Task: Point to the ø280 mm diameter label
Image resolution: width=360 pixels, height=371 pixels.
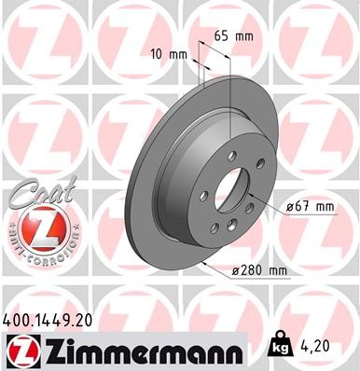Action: click(257, 270)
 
